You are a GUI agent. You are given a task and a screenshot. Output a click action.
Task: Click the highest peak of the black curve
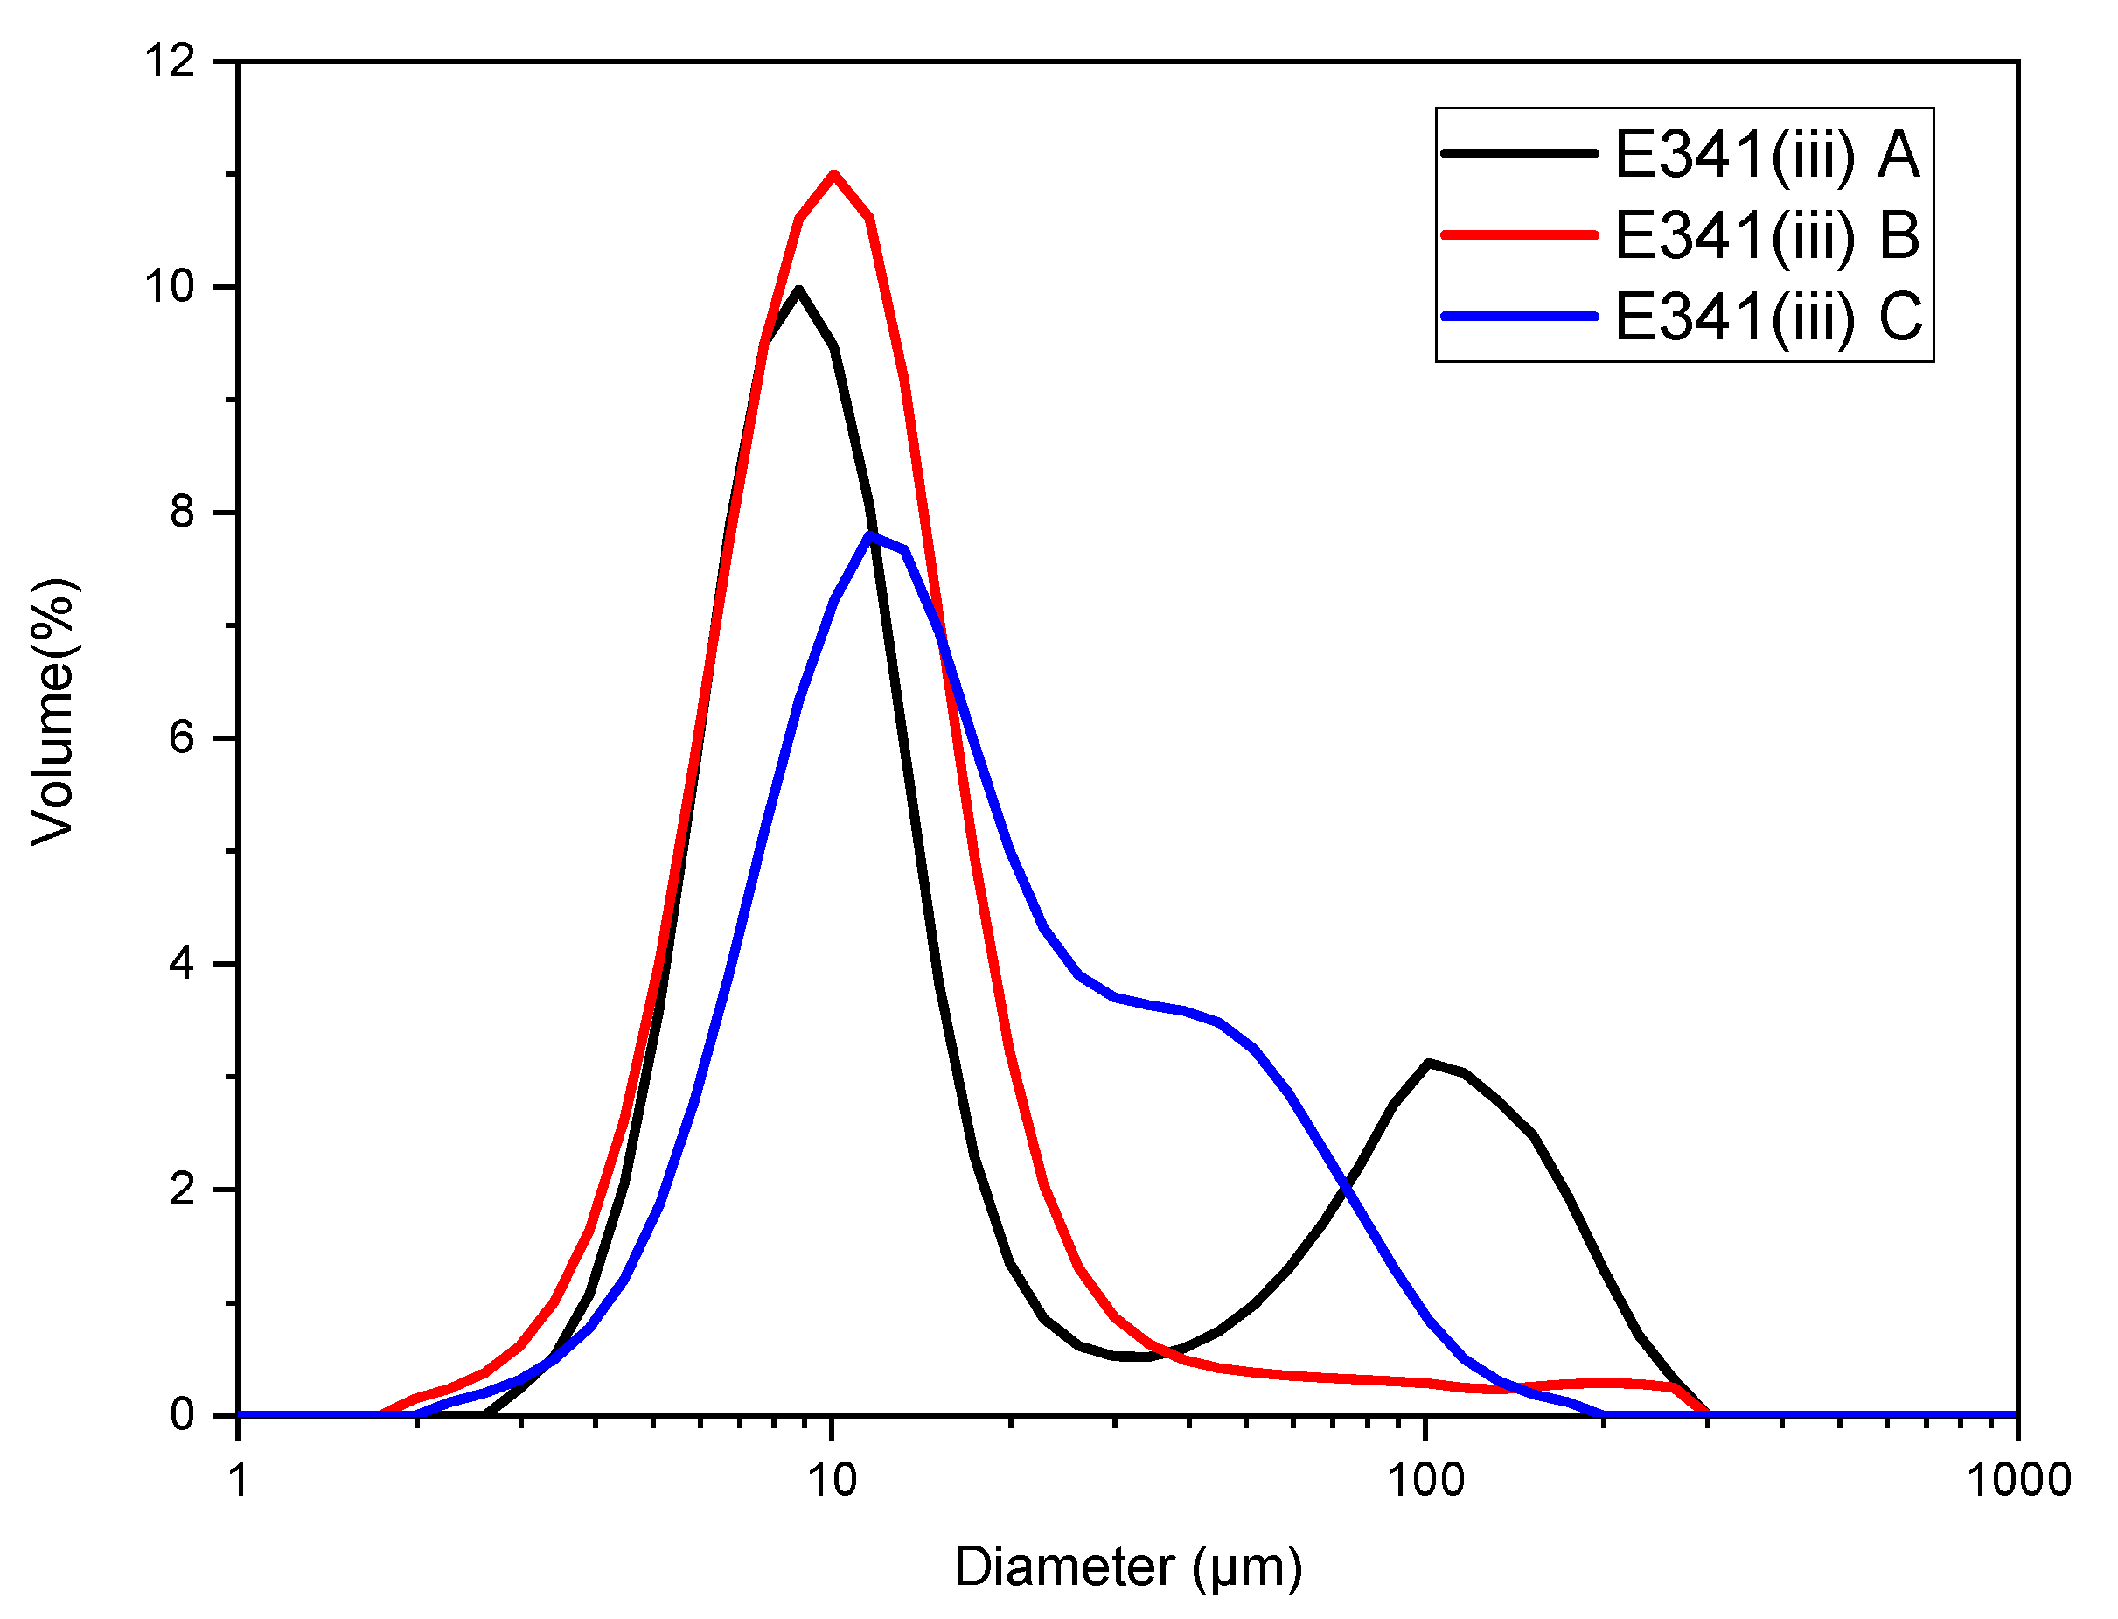click(798, 290)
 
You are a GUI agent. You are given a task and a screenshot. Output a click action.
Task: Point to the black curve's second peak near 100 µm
click(1428, 1063)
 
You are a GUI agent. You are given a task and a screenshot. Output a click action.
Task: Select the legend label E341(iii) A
click(1766, 154)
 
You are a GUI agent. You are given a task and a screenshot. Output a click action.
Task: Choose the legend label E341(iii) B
click(1766, 235)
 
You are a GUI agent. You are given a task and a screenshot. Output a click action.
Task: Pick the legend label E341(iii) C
click(1767, 316)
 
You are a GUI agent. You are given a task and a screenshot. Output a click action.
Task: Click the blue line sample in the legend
click(1520, 316)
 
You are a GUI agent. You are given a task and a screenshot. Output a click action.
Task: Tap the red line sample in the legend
click(1520, 234)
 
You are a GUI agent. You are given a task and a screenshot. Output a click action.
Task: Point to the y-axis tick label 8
click(181, 512)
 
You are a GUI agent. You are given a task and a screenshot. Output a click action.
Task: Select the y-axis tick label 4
click(181, 964)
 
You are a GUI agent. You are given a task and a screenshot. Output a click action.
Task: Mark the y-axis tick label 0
click(181, 1414)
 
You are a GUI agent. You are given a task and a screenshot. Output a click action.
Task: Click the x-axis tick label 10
click(832, 1480)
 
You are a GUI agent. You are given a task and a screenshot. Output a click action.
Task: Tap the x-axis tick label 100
click(1425, 1480)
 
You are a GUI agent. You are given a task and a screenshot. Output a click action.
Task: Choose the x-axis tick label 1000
click(2017, 1480)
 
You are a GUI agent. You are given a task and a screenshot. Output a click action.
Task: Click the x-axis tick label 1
click(239, 1480)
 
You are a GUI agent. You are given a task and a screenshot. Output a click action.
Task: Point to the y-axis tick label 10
click(170, 286)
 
